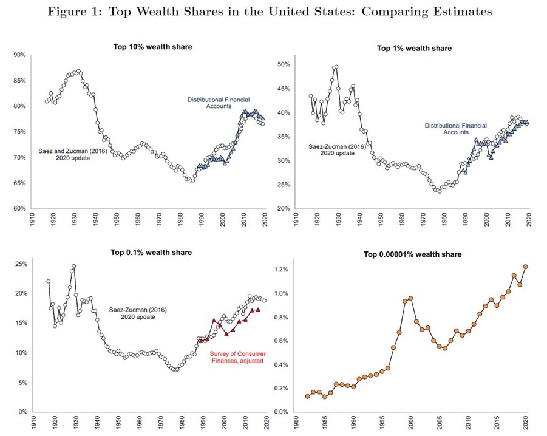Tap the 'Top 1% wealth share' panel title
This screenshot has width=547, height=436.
pyautogui.click(x=414, y=47)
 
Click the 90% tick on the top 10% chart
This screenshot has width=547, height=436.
pyautogui.click(x=19, y=55)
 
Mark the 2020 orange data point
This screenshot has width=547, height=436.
pyautogui.click(x=526, y=267)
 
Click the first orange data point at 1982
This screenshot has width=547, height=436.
pyautogui.click(x=308, y=397)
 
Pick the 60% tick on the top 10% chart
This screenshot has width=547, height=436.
pyautogui.click(x=19, y=209)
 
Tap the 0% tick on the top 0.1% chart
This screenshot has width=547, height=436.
pyautogui.click(x=21, y=412)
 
